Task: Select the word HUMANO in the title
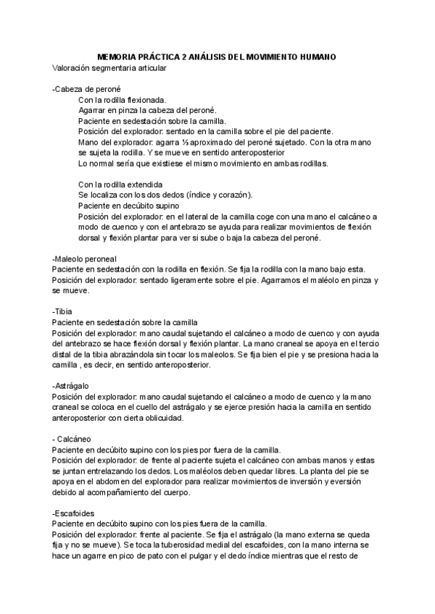[x=316, y=56]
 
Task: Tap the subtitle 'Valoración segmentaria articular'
[x=109, y=68]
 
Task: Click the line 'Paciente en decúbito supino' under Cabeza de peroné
[x=129, y=206]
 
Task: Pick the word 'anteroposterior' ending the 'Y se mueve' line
[x=257, y=153]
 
